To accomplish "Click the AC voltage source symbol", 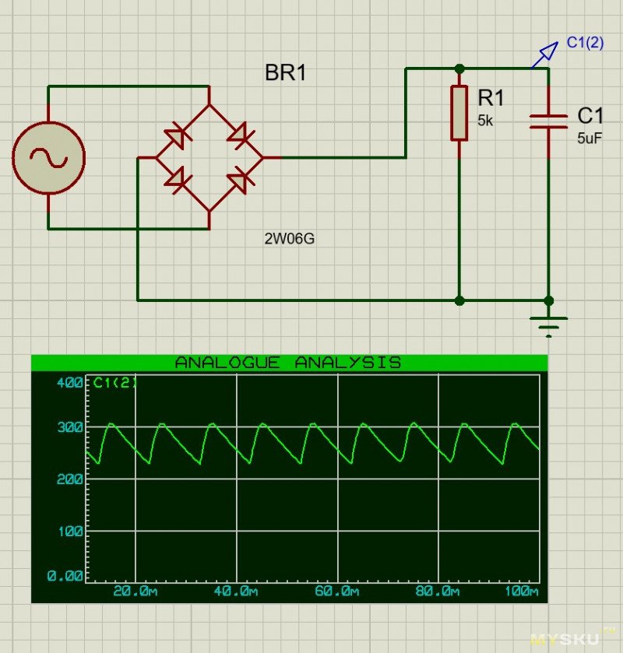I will (x=48, y=158).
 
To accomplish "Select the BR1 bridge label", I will (x=287, y=74).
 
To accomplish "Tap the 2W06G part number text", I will (x=290, y=239).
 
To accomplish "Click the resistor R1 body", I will (x=459, y=114).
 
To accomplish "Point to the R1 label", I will (x=491, y=98).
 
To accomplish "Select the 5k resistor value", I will (x=485, y=121).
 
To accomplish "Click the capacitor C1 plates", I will (x=548, y=120).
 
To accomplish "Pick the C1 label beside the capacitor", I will (x=590, y=116).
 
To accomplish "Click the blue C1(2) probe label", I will (x=584, y=43).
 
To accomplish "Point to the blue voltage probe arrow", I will (x=547, y=53).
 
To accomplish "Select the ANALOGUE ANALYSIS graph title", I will (x=288, y=363).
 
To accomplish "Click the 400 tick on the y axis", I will (x=70, y=383).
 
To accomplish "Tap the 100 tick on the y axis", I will (x=70, y=531).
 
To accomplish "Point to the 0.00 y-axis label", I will (x=65, y=577).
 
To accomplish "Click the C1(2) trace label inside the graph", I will (x=114, y=383).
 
